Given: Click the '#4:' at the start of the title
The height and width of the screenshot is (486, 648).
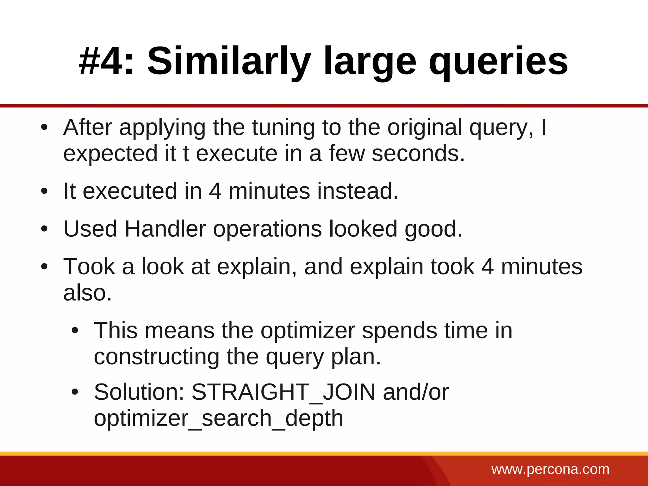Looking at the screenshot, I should pos(106,61).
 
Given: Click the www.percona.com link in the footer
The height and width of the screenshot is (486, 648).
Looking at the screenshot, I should pos(550,469).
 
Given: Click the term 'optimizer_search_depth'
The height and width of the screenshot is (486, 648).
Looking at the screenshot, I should pos(218,419).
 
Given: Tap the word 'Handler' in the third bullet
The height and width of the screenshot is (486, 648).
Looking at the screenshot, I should pos(165,228).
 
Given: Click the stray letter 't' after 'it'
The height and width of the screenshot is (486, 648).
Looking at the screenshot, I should pos(186,153).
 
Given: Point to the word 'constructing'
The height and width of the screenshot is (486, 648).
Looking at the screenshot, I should pos(156,357).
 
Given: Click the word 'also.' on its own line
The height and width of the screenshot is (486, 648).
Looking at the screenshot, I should pos(88,293).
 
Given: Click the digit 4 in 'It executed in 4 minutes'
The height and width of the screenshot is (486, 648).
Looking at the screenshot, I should pos(215,191).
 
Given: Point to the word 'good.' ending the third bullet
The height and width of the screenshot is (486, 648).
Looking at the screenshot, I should pos(433,229).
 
